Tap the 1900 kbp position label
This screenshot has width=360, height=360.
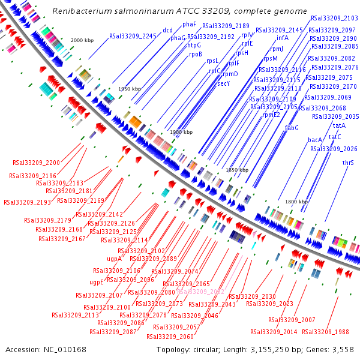click(x=181, y=132)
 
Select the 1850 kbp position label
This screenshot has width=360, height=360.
click(x=236, y=170)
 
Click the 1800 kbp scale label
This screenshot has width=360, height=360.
click(x=296, y=202)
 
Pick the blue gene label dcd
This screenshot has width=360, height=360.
click(x=168, y=30)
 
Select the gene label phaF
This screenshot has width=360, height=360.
click(x=189, y=24)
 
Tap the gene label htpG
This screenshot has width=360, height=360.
click(x=194, y=45)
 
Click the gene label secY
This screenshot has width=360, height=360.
click(x=223, y=83)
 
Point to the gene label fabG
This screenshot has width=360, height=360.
click(x=292, y=128)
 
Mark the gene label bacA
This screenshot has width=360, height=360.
click(x=316, y=140)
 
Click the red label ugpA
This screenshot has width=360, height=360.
click(x=114, y=259)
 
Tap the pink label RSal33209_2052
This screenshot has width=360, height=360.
click(x=200, y=292)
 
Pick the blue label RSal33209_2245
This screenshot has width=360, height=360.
click(x=133, y=37)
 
